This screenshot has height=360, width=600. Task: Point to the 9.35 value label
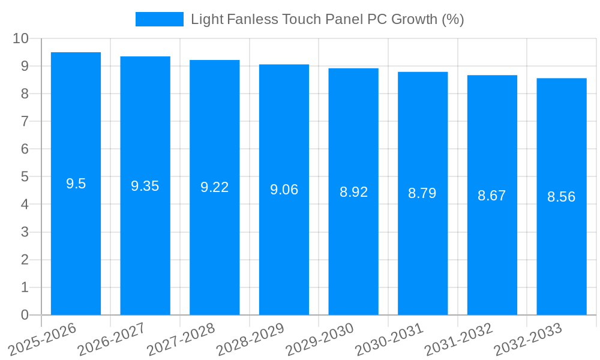click(145, 186)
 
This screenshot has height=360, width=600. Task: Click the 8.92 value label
click(353, 192)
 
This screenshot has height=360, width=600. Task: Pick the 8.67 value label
click(492, 196)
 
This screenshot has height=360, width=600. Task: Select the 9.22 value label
click(215, 187)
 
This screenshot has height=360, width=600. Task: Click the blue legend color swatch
click(159, 19)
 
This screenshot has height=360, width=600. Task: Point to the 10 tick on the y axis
click(21, 38)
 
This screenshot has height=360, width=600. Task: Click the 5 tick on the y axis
click(25, 177)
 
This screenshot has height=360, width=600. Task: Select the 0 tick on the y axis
click(25, 315)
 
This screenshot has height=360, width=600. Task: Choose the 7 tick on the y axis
click(25, 121)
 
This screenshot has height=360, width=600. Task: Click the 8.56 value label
click(562, 197)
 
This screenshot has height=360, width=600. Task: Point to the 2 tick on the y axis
click(25, 260)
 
